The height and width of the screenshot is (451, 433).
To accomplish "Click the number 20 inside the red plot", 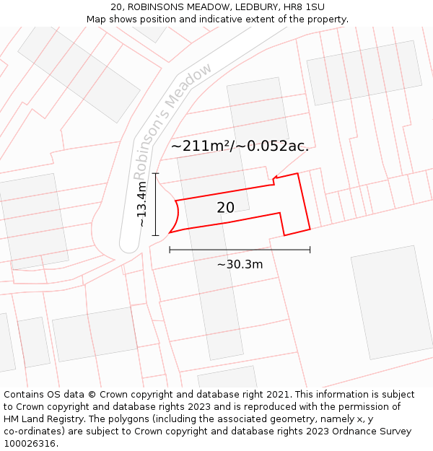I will tap(225, 208).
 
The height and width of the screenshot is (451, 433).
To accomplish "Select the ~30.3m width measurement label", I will tap(240, 264).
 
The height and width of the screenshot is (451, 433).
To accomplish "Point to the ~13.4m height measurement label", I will tap(142, 203).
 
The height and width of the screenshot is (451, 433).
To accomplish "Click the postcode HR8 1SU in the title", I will tap(305, 6).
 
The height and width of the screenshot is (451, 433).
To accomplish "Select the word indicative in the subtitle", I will tap(220, 19).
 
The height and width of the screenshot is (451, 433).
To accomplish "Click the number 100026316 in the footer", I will tap(30, 444).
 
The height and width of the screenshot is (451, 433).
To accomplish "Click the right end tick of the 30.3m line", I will tap(310, 250).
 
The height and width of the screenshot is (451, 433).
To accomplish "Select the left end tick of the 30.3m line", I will tap(170, 250).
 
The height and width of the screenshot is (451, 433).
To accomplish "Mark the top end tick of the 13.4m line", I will tap(155, 173).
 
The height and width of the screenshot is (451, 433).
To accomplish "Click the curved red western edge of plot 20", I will tap(178, 215).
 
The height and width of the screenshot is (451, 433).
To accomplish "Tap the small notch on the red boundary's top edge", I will tap(274, 180).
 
